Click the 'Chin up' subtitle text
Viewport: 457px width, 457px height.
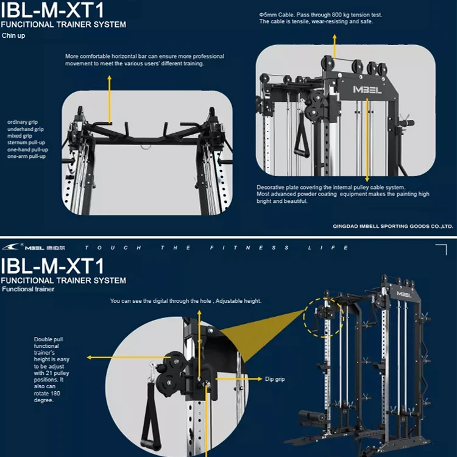(x=13, y=35)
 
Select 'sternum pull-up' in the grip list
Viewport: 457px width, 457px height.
(x=27, y=143)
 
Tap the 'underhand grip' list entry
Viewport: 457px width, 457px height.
(x=26, y=129)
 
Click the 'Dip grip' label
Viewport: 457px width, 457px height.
(x=275, y=379)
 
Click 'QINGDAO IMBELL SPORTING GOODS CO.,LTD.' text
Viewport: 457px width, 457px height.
(x=392, y=225)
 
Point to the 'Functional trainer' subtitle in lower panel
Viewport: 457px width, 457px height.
(x=28, y=289)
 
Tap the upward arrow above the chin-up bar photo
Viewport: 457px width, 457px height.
(x=110, y=97)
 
